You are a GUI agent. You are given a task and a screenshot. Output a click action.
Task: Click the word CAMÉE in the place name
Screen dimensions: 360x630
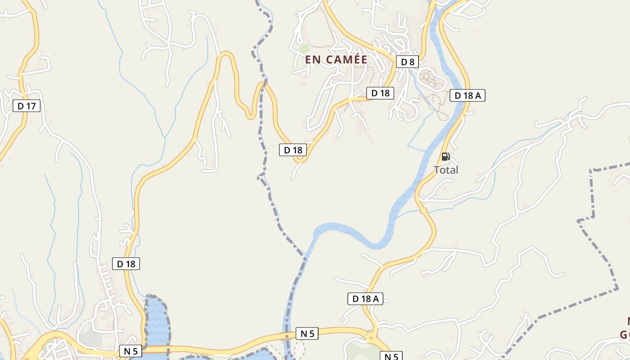347,59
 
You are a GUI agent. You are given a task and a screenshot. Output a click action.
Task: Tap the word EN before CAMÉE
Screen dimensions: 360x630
313,59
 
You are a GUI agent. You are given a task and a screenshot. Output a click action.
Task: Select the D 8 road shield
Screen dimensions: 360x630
407,62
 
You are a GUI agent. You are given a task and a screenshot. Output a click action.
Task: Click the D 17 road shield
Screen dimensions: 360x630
27,106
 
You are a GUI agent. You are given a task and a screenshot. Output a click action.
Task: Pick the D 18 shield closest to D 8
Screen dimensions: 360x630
380,93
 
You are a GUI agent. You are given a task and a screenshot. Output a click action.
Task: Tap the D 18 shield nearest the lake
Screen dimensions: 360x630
126,264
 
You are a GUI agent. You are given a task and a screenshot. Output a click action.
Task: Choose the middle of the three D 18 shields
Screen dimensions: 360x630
292,150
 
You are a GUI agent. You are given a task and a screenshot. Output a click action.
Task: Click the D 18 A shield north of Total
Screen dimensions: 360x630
467,95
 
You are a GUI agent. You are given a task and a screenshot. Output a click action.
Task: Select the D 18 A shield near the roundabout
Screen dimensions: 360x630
365,298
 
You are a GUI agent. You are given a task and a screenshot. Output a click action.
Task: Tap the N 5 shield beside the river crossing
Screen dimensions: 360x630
307,333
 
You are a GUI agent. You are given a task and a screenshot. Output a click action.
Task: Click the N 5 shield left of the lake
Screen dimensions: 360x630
130,351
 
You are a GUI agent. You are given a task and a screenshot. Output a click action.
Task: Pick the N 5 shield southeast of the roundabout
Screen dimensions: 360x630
391,356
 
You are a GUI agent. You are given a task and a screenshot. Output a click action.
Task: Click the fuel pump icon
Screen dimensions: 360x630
445,157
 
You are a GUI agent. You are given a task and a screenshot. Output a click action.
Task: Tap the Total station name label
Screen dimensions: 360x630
445,170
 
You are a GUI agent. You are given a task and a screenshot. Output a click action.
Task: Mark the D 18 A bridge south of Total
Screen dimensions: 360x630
423,210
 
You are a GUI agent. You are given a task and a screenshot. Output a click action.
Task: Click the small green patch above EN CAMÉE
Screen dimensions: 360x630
305,48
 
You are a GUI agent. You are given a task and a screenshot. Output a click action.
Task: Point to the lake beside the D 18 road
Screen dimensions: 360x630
157,322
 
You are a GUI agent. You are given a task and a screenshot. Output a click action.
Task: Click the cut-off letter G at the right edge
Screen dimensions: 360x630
625,335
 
